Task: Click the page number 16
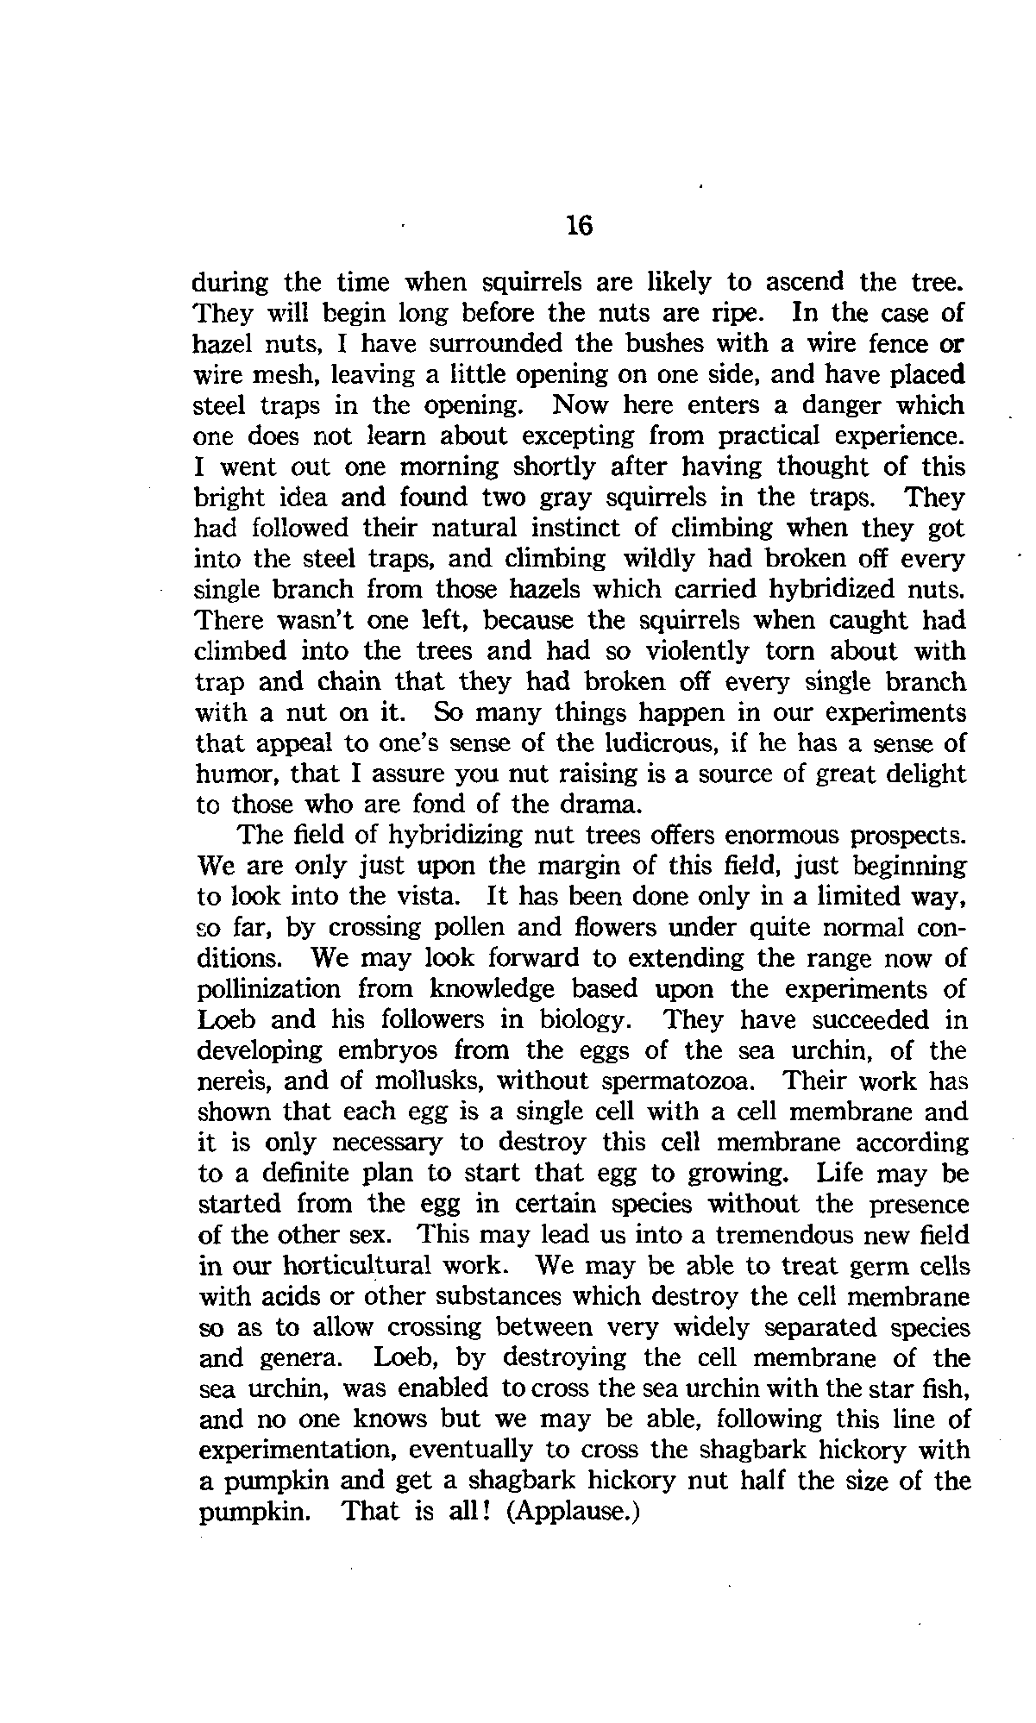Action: coord(580,226)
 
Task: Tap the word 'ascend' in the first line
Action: coord(807,282)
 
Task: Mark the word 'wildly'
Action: coord(657,559)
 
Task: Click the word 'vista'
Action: coord(427,897)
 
